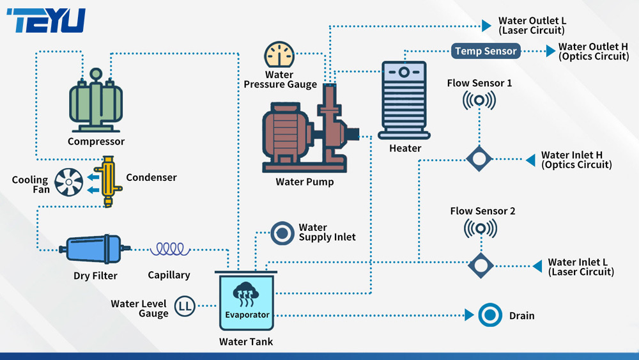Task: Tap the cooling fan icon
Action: [x=68, y=182]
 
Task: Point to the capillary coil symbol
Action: [x=170, y=249]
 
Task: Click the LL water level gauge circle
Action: [x=185, y=306]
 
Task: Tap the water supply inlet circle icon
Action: [x=281, y=233]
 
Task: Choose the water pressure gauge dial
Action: [x=279, y=54]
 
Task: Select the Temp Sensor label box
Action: [x=486, y=51]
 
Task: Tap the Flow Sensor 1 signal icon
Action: [x=479, y=100]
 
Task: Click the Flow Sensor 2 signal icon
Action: [x=479, y=228]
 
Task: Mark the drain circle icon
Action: [x=490, y=315]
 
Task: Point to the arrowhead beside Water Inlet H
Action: [x=530, y=159]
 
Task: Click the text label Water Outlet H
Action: [x=588, y=51]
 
